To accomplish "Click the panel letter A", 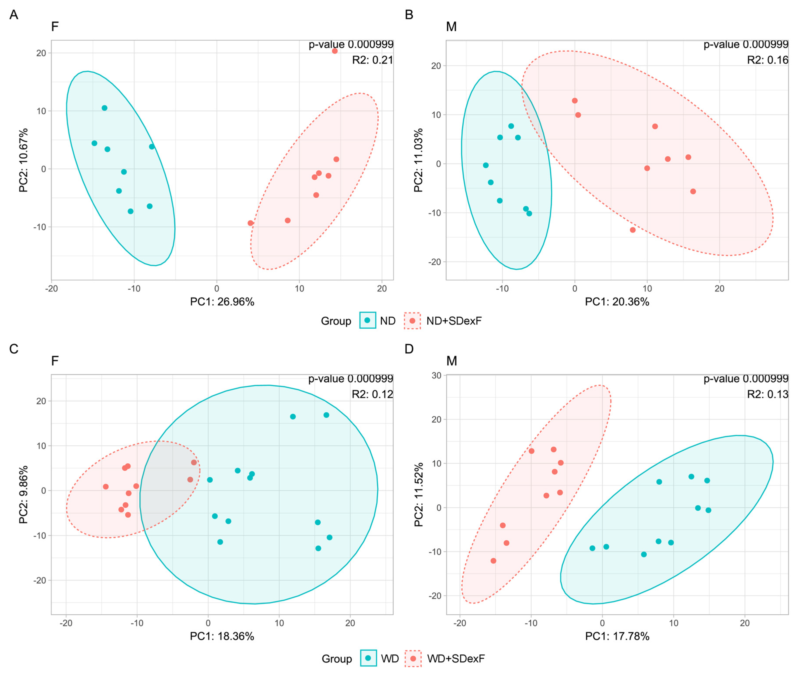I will tap(14, 15).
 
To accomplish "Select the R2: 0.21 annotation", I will tap(372, 60).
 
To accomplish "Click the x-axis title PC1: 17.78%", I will tap(617, 636).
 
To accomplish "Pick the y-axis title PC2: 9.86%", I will tap(23, 494).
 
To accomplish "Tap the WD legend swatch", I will tap(368, 658).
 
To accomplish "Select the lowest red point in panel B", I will tap(633, 230).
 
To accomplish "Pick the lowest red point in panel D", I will tap(494, 561).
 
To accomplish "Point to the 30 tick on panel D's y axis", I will tap(436, 376).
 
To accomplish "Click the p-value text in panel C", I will tap(351, 379).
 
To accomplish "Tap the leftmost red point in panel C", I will tap(106, 487).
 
